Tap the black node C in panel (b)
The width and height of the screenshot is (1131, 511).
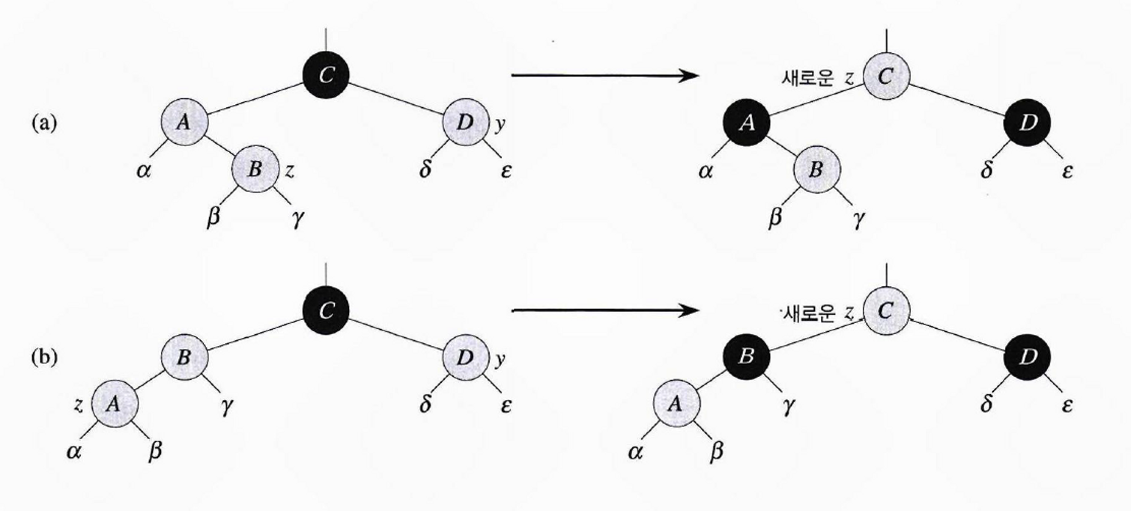(x=326, y=311)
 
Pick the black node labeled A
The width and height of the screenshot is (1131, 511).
(x=746, y=124)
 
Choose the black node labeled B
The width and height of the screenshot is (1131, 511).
(x=746, y=357)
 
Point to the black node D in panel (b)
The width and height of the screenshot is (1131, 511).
(x=1027, y=357)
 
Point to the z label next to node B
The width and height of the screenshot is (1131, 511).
(x=289, y=170)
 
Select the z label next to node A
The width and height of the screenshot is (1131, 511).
(x=78, y=404)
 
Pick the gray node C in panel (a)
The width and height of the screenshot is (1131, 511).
(x=886, y=75)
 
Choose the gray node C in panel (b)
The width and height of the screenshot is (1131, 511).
(x=886, y=310)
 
